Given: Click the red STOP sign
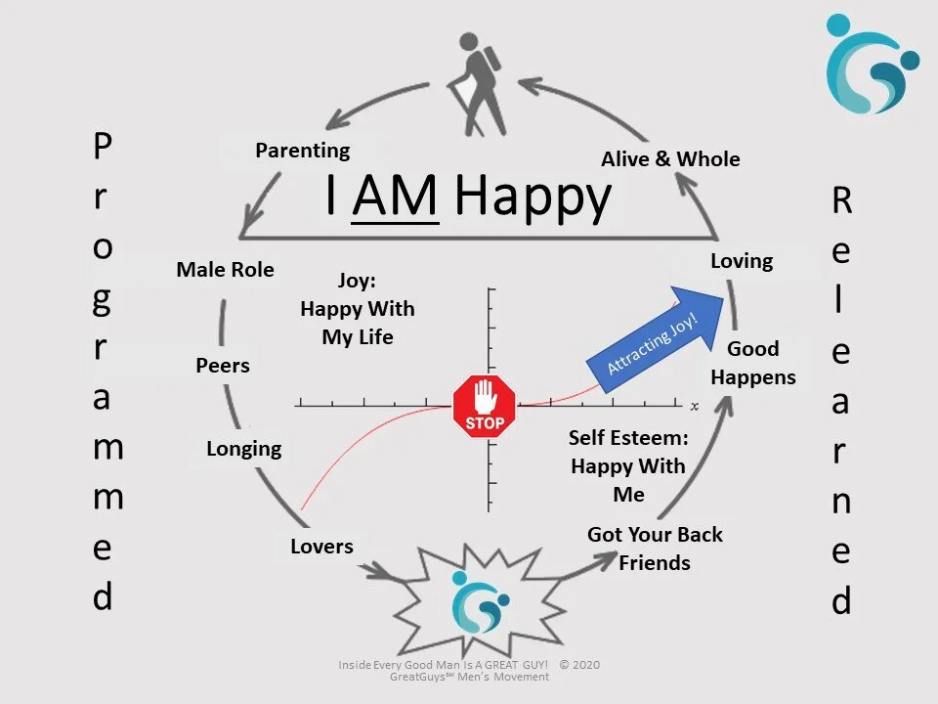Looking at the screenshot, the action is [485, 406].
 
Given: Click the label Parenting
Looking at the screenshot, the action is [302, 151].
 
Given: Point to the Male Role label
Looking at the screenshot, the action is [225, 269].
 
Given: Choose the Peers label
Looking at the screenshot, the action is [223, 366].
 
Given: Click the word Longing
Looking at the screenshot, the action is [243, 449].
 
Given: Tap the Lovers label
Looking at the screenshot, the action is [321, 546].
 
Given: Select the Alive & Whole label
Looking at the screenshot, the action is [670, 158].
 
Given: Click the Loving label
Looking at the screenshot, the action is [742, 261].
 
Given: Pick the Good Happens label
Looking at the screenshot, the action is [753, 363].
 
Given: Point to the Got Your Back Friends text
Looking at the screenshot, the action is [655, 549].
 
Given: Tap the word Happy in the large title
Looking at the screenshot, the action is [533, 198].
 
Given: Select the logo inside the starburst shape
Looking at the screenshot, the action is [480, 600].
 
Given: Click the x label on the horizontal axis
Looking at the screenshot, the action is [695, 405].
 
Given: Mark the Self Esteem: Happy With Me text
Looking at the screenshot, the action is [628, 465].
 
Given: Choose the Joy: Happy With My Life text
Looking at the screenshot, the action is [357, 309].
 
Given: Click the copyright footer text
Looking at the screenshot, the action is [469, 671].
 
